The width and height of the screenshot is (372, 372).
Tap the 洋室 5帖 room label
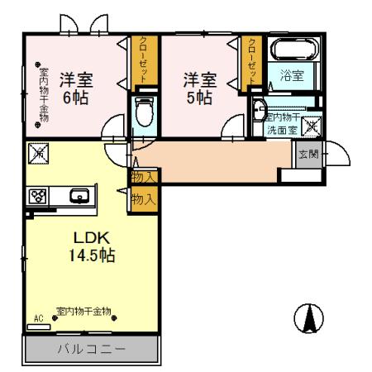[x=198, y=87]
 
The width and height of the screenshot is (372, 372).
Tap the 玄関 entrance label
[x=305, y=155]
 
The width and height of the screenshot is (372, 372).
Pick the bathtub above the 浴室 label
[x=289, y=49]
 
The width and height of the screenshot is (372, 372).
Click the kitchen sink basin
[x=80, y=197]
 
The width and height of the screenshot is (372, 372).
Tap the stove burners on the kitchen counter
[x=37, y=197]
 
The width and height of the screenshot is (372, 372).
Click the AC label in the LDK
[x=38, y=317]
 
